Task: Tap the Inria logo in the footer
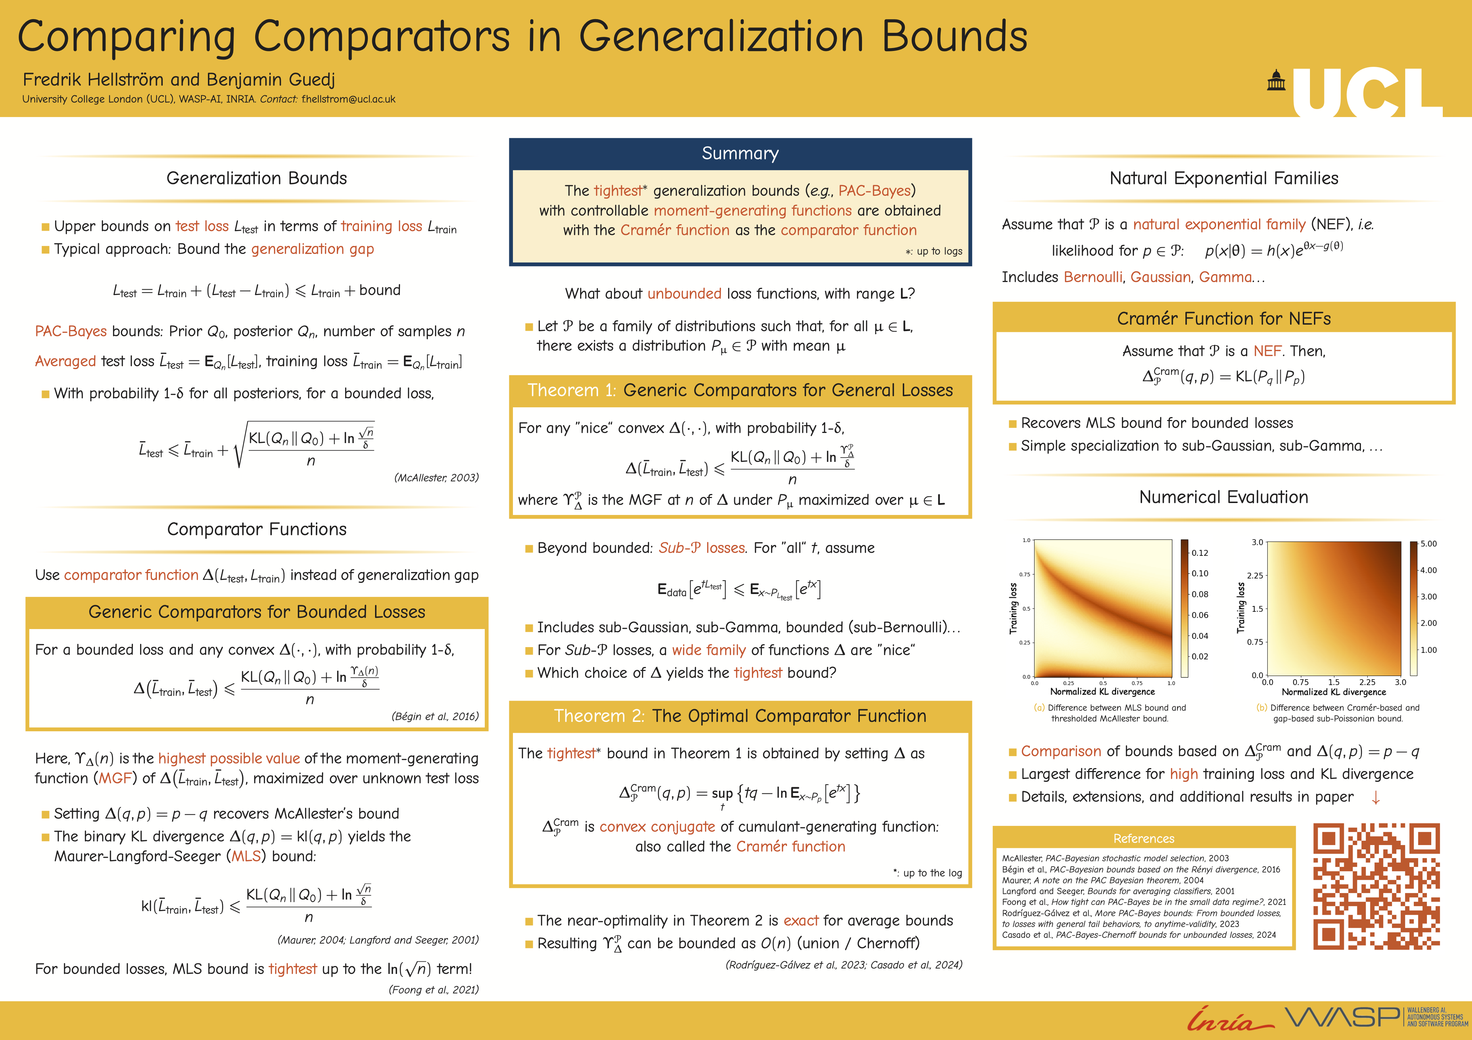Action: point(1228,1019)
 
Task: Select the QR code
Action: point(1376,886)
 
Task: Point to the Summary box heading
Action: point(740,153)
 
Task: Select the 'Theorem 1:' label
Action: point(571,390)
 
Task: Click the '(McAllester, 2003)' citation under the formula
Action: point(436,478)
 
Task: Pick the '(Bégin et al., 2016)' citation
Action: point(435,716)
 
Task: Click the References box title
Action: point(1144,838)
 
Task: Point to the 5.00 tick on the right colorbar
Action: point(1428,544)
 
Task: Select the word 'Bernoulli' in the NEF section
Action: point(1093,277)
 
